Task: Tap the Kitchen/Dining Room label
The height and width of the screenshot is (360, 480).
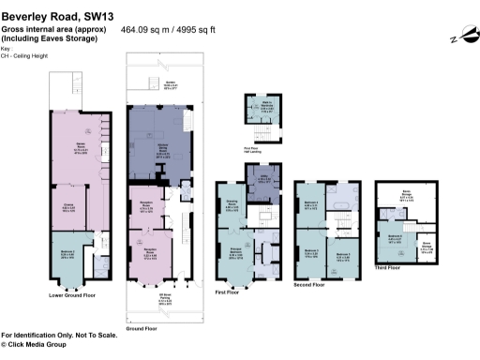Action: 149,146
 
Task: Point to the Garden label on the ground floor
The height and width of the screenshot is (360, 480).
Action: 171,83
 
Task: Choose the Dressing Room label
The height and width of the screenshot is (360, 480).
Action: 232,206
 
